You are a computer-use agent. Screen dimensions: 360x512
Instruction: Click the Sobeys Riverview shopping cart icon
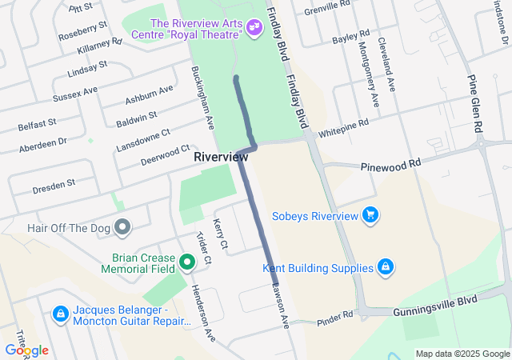(370, 215)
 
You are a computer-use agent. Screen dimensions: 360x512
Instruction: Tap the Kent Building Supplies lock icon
(385, 267)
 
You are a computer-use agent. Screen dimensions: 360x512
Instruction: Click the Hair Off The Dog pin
(122, 228)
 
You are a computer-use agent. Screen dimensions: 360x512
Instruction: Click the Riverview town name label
(221, 158)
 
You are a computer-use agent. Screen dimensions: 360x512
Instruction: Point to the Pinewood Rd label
(390, 163)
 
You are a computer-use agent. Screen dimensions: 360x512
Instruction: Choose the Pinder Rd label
(334, 317)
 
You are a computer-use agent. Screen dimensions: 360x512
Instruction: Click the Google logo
(26, 350)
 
